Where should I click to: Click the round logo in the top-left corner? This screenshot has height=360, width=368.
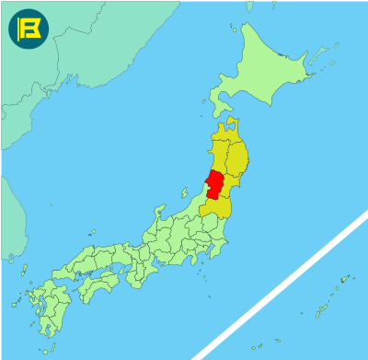coord(28,29)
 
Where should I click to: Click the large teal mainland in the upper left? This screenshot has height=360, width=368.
coord(55,74)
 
